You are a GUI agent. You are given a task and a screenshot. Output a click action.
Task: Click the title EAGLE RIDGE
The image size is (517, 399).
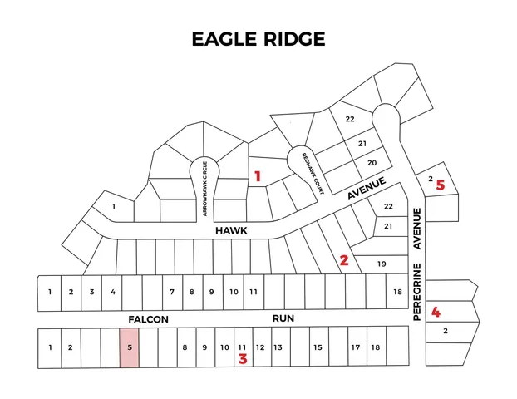258,39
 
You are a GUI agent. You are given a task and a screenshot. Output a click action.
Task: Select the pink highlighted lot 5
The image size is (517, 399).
130,347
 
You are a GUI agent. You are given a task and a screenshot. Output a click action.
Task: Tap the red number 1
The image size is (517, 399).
258,176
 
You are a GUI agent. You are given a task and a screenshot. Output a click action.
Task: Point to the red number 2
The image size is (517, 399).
344,260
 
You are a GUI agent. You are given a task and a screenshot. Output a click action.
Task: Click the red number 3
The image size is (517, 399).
243,360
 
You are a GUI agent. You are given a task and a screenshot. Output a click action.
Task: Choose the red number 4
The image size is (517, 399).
436,313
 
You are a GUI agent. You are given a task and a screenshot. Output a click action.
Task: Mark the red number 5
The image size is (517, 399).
441,185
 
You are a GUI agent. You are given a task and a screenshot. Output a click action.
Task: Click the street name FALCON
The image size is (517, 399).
149,319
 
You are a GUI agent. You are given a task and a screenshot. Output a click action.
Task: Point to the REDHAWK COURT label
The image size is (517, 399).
308,169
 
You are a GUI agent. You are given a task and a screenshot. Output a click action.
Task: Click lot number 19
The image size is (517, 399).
382,264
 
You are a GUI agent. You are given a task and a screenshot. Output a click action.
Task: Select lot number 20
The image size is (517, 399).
372,162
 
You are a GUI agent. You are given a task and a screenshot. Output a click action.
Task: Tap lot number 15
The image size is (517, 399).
318,347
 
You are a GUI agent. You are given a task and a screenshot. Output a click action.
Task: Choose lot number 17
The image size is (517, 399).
355,347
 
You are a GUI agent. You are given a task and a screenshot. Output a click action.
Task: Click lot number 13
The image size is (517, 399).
278,347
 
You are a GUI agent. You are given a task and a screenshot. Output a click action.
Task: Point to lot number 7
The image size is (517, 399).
172,292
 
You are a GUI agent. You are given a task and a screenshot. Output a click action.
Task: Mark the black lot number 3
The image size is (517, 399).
92,292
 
